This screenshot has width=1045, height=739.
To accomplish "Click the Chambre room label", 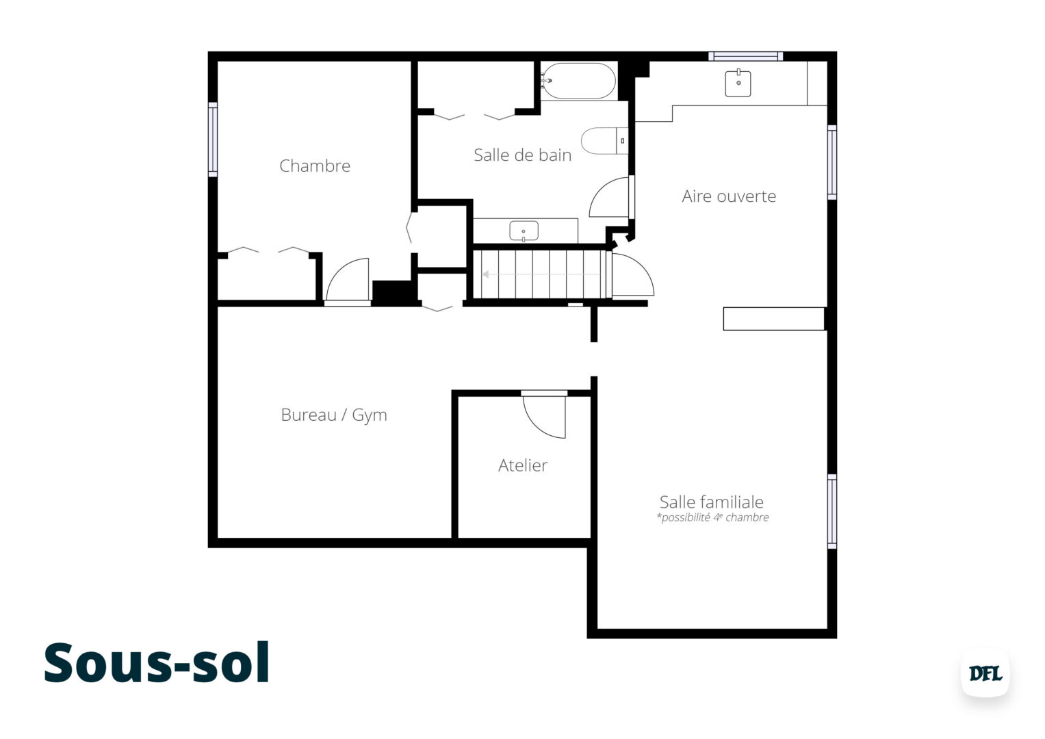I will (x=315, y=166).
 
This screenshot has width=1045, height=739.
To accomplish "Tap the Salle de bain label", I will (x=522, y=155).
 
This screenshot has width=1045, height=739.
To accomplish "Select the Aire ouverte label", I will (x=729, y=196).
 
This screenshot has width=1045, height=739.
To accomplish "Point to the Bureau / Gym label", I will (x=334, y=415).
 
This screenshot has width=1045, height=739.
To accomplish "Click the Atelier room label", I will (x=523, y=465).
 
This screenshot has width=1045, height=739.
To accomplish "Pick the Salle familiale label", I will (x=711, y=502).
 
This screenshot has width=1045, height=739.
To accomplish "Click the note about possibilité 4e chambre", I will (x=712, y=518).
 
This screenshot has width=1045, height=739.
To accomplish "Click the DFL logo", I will (x=985, y=673).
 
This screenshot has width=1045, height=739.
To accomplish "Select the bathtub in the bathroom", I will (x=578, y=81).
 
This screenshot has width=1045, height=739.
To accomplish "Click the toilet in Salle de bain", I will (x=602, y=140).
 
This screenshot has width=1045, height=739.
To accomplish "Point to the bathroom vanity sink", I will (x=524, y=231).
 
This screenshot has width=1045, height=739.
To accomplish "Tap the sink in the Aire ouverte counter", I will (x=738, y=83).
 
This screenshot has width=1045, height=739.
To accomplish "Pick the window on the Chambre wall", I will (x=213, y=140).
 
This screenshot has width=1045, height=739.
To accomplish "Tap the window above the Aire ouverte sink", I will (x=745, y=56).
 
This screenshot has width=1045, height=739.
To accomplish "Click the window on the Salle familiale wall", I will (x=832, y=511).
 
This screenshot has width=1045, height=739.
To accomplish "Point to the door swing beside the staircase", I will (x=631, y=276).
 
